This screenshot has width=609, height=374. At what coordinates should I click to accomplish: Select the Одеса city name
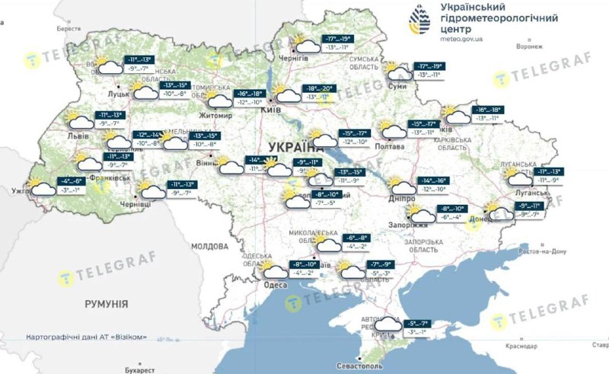pyautogui.click(x=275, y=284)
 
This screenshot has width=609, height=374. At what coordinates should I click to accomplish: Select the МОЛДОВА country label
pyautogui.click(x=209, y=247)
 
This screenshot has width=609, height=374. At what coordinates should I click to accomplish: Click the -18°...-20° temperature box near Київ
pyautogui.click(x=317, y=88)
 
